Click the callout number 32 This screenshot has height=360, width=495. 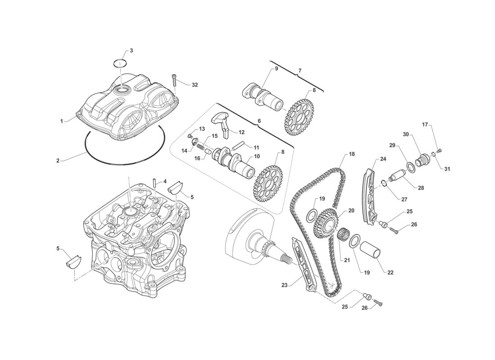(x=195, y=85)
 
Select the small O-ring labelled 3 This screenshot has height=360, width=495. (x=120, y=63)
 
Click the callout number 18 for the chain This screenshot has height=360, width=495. (x=352, y=154)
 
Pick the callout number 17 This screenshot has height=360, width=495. (x=425, y=125)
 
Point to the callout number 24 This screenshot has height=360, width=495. (x=383, y=159)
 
